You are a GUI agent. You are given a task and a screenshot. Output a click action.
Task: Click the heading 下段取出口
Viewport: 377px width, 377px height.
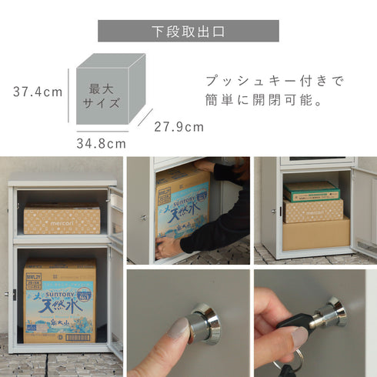point(188,32)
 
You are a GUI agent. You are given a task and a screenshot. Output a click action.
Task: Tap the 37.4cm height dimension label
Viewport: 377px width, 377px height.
point(38,92)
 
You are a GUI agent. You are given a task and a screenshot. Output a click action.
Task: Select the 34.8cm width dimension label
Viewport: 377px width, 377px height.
point(101,143)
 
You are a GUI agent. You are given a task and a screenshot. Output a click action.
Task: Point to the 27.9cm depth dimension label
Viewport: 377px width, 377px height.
point(178,126)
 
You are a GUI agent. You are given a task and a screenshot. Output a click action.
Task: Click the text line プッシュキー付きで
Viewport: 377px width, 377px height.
point(274,80)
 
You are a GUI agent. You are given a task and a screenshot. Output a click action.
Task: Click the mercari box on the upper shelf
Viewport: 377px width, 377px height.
point(62,219)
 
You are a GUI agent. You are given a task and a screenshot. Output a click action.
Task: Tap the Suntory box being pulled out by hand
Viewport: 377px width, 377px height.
point(183,205)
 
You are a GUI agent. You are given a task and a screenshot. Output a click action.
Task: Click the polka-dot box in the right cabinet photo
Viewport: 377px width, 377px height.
point(313,210)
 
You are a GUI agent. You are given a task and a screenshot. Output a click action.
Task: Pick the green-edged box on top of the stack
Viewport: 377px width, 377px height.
point(311,192)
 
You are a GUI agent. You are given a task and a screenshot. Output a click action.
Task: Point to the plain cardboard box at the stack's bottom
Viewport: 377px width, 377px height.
point(315,234)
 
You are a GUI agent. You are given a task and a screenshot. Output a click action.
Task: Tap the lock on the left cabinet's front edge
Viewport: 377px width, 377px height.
point(15,294)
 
